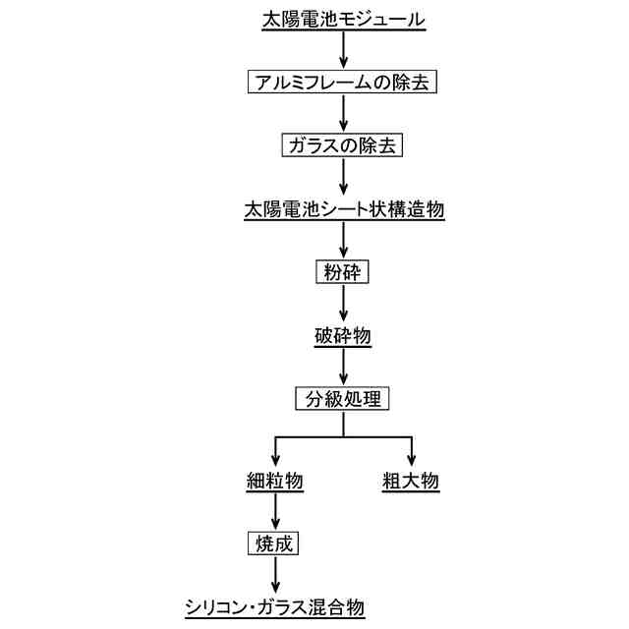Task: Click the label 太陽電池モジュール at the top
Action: point(343,20)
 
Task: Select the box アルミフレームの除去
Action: point(343,83)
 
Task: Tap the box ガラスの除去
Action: point(343,145)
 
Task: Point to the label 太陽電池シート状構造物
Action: point(343,209)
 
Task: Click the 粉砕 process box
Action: point(343,272)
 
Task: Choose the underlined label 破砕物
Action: point(343,336)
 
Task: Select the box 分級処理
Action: point(343,399)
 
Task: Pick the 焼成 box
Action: point(274,543)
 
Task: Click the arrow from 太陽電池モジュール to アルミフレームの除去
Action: point(343,49)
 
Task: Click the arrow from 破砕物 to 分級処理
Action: point(343,367)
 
